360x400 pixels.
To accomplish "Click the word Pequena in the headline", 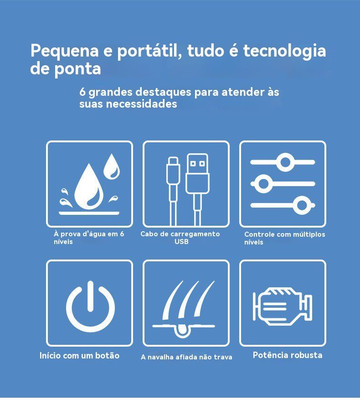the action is (65, 51).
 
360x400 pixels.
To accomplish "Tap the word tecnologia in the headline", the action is (284, 51).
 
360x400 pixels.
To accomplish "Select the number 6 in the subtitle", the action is (82, 92).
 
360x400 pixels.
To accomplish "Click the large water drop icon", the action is (89, 186).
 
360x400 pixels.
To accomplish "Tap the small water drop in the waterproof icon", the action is (111, 166).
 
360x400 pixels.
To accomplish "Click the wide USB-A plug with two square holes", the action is (197, 174).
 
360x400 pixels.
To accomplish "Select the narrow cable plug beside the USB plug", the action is (173, 171).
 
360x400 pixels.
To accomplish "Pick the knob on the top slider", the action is (285, 162).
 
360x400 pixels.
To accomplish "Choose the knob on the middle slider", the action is (263, 183).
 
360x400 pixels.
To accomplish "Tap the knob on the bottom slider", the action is (302, 205).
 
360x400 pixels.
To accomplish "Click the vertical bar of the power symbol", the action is (90, 296).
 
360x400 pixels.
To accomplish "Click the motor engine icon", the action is (283, 306).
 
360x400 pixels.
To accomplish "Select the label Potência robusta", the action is (288, 355).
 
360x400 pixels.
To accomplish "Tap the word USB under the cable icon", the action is (181, 242).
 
